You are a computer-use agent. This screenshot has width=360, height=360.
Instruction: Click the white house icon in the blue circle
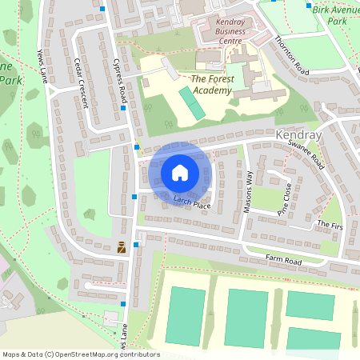180,172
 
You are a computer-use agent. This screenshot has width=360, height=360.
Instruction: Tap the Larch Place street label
191,201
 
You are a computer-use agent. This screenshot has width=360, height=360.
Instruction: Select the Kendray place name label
298,137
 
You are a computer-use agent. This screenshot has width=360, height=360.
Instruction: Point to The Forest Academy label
211,85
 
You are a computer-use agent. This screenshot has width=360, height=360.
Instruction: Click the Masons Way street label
248,193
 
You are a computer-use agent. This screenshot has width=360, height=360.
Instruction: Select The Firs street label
330,226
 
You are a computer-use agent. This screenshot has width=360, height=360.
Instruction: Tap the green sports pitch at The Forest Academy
191,103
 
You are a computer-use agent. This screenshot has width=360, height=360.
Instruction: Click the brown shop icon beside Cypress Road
121,247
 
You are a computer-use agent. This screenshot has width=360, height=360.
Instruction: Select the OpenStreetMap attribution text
81,354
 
